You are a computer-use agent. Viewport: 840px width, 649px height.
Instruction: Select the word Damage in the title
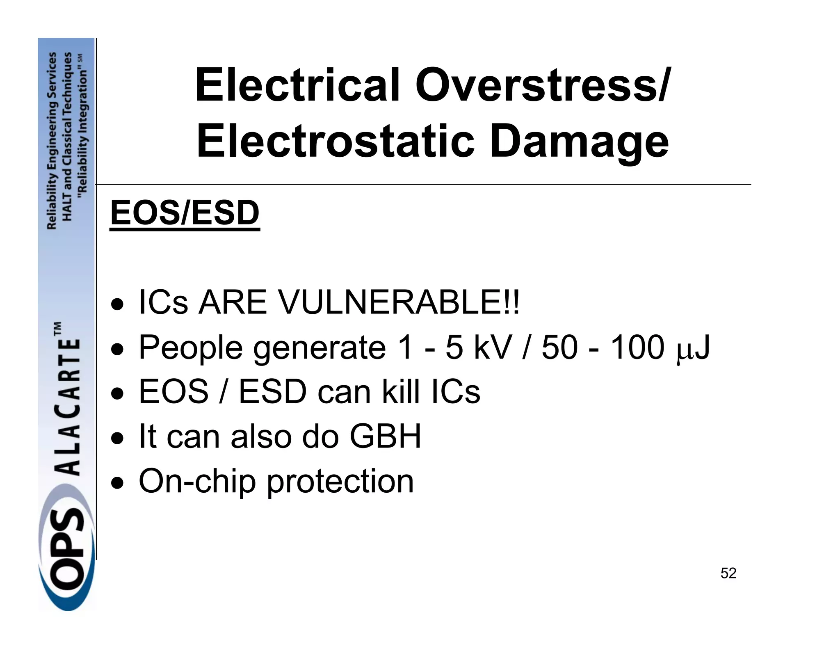point(579,142)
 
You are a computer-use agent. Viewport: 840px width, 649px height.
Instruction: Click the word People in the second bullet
point(191,348)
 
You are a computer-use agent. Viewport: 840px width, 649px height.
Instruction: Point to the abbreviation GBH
point(385,436)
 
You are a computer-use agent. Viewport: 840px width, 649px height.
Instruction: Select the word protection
point(340,482)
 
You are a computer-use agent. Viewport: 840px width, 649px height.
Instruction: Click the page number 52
point(728,573)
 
